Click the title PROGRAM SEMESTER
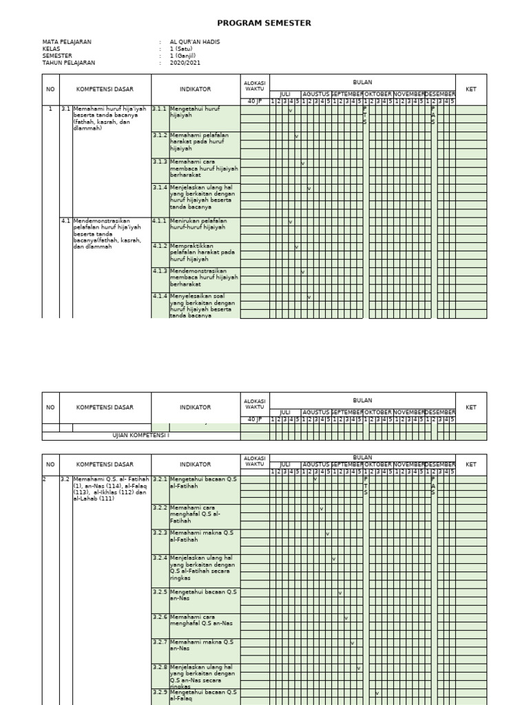point(264,23)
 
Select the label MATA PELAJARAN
point(67,42)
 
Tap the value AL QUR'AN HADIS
point(195,42)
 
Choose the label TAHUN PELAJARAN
point(68,63)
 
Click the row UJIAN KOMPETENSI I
point(141,436)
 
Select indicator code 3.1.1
point(160,109)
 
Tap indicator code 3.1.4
point(160,187)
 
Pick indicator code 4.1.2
point(160,246)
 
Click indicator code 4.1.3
point(160,271)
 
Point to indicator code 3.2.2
point(160,507)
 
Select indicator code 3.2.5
point(160,591)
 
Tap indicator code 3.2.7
point(160,642)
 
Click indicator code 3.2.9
point(160,692)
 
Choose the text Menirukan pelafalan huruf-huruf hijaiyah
point(198,224)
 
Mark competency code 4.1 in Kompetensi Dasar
point(66,221)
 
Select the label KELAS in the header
point(52,49)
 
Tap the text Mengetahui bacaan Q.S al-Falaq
point(203,695)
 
